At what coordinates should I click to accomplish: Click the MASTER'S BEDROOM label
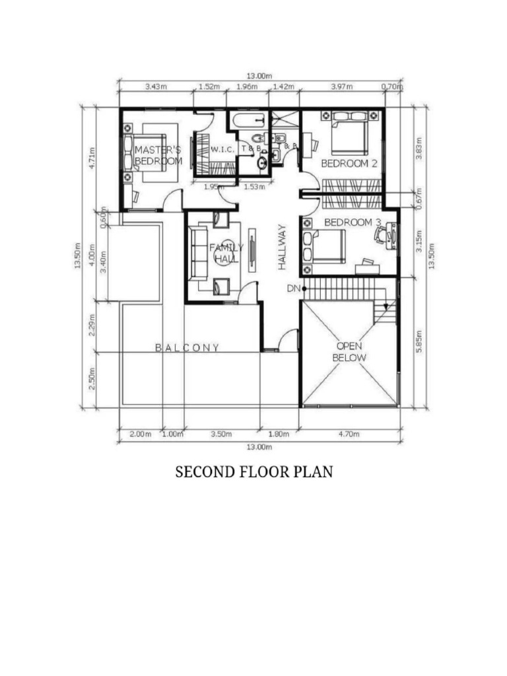pos(158,155)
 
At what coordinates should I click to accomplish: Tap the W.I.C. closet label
pos(222,150)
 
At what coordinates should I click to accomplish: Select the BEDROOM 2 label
pos(349,163)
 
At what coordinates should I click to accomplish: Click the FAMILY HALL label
pos(226,253)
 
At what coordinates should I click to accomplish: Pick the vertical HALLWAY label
pos(282,247)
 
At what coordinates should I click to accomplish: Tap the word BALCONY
pos(187,347)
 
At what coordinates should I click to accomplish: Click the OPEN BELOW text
pos(349,351)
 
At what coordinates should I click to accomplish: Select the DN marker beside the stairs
pos(293,288)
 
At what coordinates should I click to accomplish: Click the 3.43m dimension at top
pos(156,86)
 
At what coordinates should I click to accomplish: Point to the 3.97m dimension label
pos(341,86)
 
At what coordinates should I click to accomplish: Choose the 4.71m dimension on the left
pos(92,158)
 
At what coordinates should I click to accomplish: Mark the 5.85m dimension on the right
pos(420,341)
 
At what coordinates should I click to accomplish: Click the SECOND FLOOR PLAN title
pos(253,472)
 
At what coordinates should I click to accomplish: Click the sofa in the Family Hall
pos(197,252)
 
